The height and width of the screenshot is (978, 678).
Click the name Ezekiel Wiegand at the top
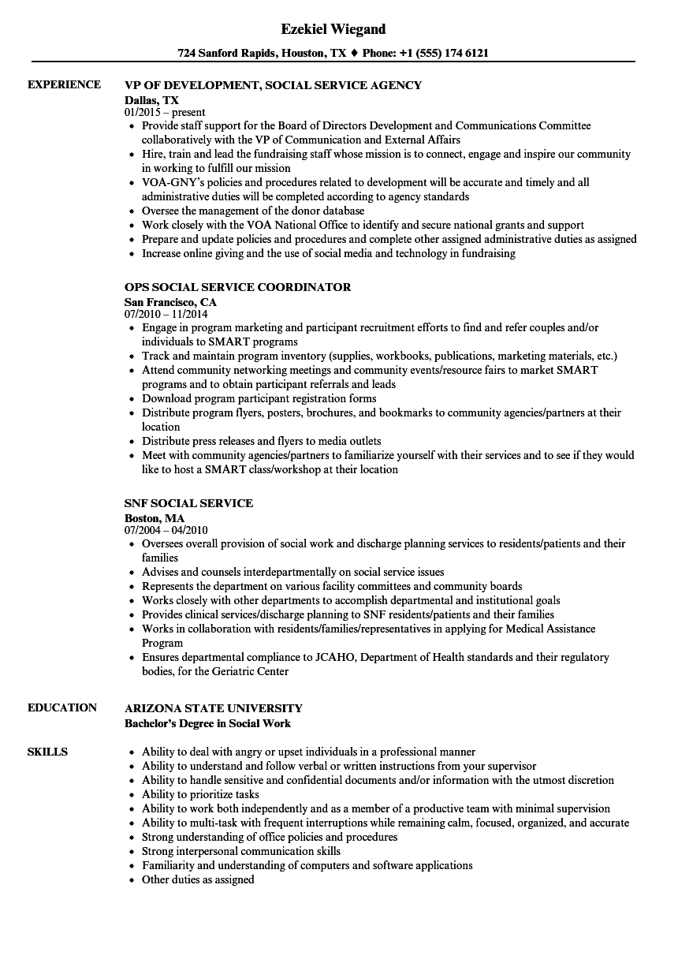click(x=333, y=29)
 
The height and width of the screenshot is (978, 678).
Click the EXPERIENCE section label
click(x=64, y=85)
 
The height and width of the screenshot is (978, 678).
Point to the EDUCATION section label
click(x=62, y=708)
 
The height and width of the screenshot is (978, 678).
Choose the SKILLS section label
click(x=47, y=752)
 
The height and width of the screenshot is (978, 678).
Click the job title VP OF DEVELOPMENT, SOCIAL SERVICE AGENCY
click(x=273, y=86)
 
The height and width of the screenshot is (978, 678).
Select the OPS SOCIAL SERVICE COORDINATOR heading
click(x=237, y=288)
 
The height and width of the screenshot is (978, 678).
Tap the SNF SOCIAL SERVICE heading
click(x=188, y=504)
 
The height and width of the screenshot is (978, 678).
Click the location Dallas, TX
click(x=151, y=100)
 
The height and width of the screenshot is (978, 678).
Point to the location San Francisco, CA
click(x=170, y=302)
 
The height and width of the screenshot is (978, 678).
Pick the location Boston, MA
click(x=155, y=518)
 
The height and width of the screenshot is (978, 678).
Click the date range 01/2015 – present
click(x=165, y=113)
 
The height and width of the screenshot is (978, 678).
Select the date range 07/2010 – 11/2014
click(x=166, y=315)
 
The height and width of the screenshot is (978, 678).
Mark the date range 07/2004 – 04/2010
click(x=166, y=531)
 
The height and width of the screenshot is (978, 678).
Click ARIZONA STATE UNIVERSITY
click(x=213, y=708)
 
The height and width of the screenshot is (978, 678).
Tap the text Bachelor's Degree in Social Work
click(x=207, y=723)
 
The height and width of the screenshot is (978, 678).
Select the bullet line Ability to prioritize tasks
click(x=200, y=795)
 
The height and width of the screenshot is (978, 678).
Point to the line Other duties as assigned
click(x=198, y=880)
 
